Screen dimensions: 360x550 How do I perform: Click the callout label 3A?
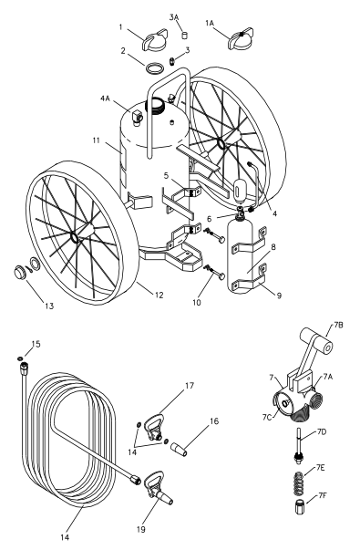click(x=174, y=17)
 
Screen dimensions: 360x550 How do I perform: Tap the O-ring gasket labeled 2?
click(x=154, y=68)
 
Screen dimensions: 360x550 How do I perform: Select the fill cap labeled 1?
click(x=155, y=41)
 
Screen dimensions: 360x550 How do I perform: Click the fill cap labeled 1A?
click(x=242, y=40)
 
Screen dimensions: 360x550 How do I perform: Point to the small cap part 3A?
click(x=184, y=35)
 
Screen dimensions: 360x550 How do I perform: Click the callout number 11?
click(x=97, y=140)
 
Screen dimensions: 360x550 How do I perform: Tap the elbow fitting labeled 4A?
click(x=136, y=116)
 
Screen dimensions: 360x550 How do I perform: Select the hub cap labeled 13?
click(x=20, y=273)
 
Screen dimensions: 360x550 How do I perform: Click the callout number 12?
click(x=159, y=295)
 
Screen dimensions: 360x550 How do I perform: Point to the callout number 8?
click(x=273, y=247)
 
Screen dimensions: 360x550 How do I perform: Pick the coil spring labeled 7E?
click(x=299, y=482)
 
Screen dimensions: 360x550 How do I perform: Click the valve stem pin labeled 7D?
click(x=299, y=446)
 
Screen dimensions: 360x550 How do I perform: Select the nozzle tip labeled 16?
click(x=179, y=450)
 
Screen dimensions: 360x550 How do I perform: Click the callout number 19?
click(x=141, y=529)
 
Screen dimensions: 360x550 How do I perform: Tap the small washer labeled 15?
click(x=21, y=358)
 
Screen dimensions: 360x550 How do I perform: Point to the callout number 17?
click(x=190, y=386)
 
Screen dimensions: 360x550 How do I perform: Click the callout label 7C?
click(x=267, y=417)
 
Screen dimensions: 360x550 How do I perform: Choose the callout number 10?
click(x=197, y=302)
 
